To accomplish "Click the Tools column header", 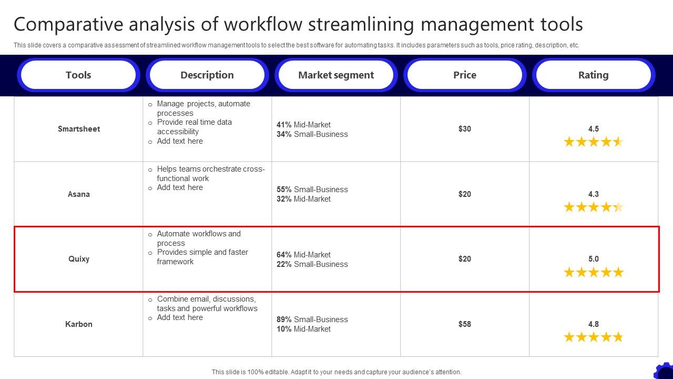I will (78, 75).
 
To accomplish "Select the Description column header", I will (207, 75).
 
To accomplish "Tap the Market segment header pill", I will (336, 75).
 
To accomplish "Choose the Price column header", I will (465, 75).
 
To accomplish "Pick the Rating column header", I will (594, 75).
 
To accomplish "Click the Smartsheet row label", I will (79, 129).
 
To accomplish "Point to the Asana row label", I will (79, 194).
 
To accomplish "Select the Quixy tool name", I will (79, 259).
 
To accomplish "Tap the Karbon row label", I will (79, 324).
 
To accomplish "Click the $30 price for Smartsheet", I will (465, 129).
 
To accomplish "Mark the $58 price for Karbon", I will (465, 324).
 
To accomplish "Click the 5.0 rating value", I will (594, 259).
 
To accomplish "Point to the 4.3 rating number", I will (594, 194).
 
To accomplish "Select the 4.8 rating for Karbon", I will (594, 324).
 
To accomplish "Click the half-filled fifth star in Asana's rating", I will (618, 207).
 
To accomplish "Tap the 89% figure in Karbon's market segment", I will (284, 320).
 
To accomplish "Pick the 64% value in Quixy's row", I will (284, 255).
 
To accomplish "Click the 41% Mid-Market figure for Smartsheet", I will (284, 125).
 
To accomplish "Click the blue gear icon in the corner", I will (665, 371).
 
